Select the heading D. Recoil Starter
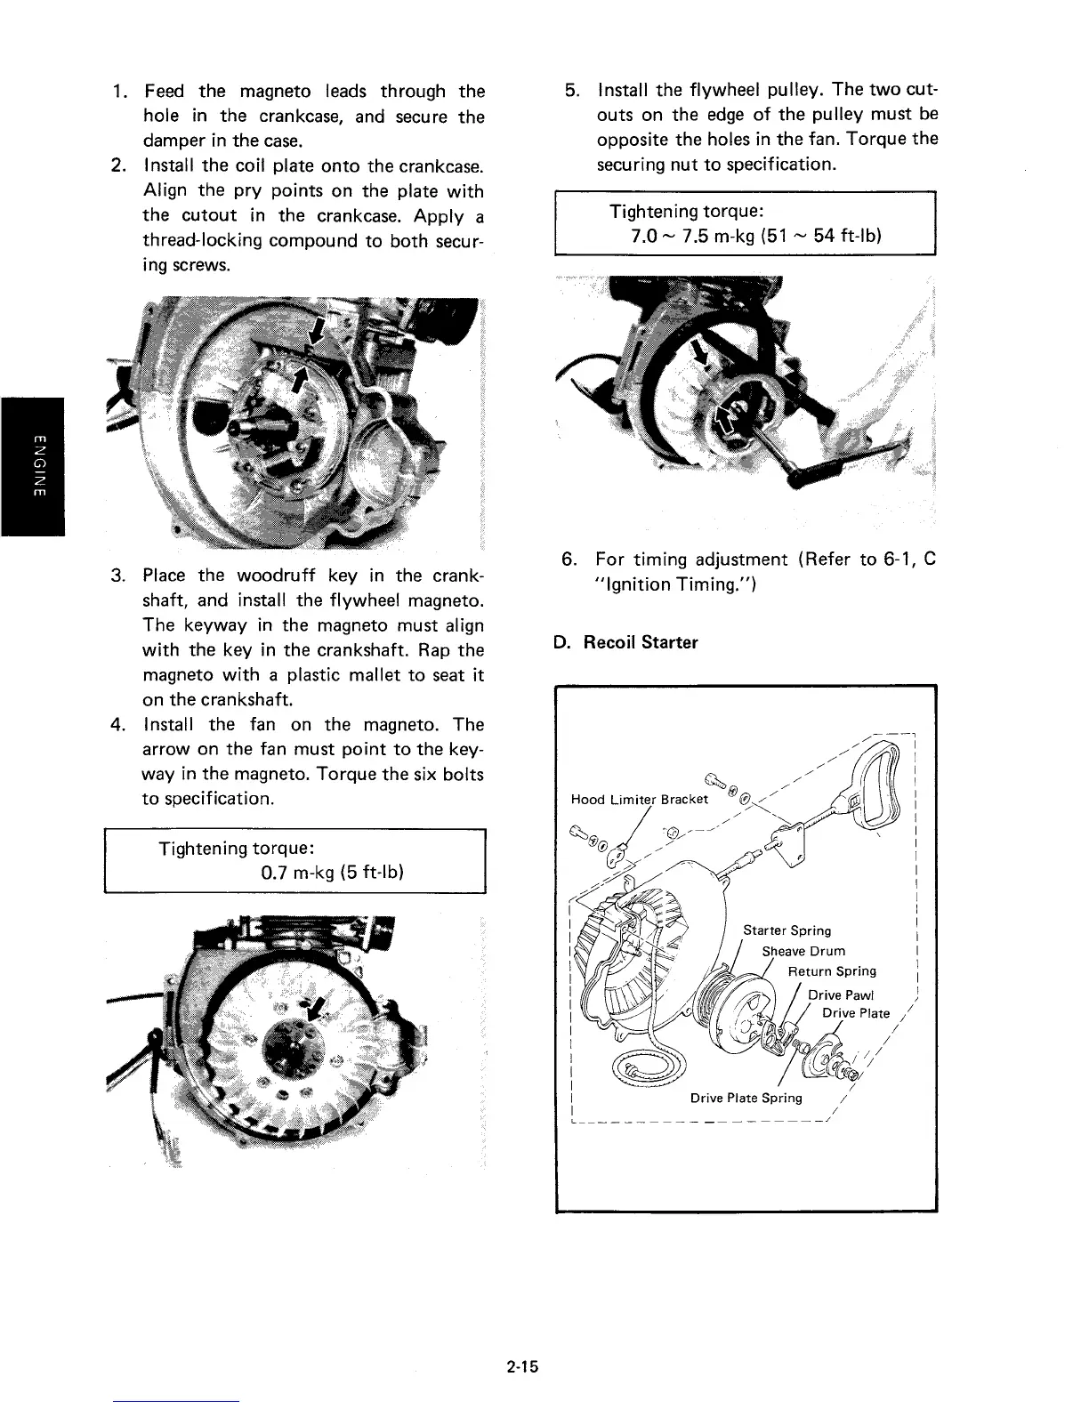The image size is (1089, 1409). click(625, 642)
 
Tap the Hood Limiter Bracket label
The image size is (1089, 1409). click(639, 798)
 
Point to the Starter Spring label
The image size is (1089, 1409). click(786, 930)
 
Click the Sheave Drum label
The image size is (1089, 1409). click(803, 951)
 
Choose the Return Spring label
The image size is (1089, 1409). click(832, 970)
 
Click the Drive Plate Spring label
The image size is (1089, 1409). click(746, 1098)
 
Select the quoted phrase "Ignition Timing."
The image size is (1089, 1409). click(656, 584)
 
